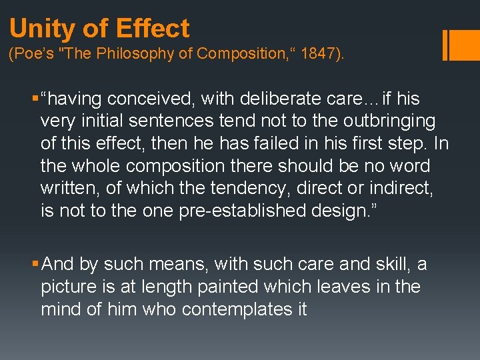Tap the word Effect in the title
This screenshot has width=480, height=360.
[x=153, y=29]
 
